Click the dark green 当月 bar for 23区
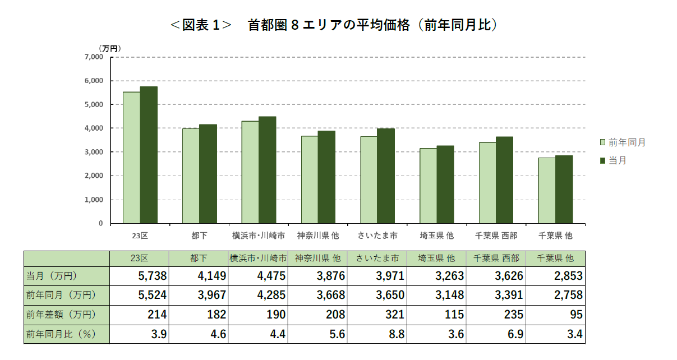click(x=149, y=155)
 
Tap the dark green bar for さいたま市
click(x=386, y=176)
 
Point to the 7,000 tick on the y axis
click(x=94, y=57)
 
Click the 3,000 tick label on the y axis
click(x=94, y=152)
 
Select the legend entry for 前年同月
click(x=622, y=142)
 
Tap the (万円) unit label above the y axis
click(x=110, y=48)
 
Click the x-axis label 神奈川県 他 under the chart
click(x=317, y=236)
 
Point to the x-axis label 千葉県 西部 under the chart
click(x=496, y=236)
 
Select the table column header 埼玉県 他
click(x=436, y=259)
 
